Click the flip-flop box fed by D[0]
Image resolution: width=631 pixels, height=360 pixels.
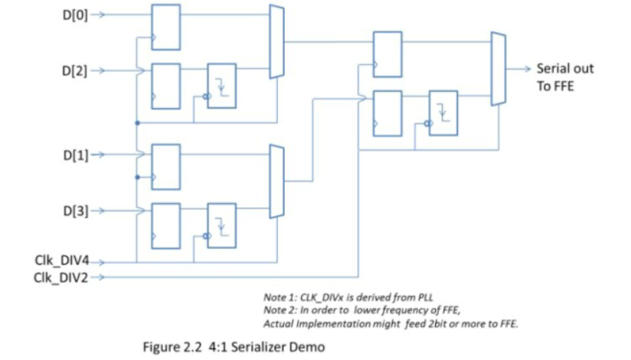click(165, 27)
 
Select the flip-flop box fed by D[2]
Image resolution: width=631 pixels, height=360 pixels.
click(165, 85)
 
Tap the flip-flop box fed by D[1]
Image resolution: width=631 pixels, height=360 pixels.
click(165, 165)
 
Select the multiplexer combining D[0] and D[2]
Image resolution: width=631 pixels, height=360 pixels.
click(276, 41)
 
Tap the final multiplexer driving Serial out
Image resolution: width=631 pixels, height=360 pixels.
click(498, 68)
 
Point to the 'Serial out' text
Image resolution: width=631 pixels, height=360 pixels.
click(565, 68)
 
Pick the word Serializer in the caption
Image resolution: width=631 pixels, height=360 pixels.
click(266, 346)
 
